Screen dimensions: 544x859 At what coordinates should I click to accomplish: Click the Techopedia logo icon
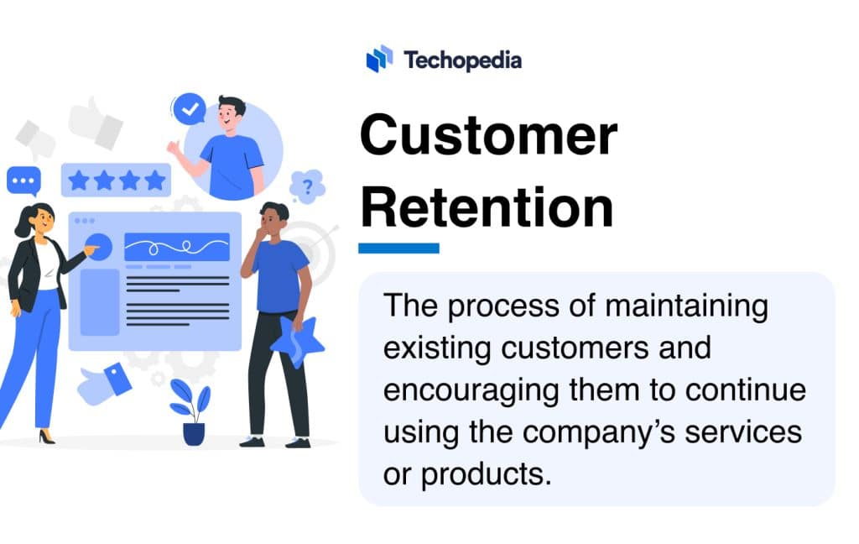(x=379, y=59)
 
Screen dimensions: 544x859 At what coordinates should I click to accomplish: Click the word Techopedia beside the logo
(x=462, y=60)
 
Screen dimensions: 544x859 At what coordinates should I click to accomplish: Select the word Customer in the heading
(x=488, y=136)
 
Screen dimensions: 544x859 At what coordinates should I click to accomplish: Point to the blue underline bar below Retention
(x=398, y=248)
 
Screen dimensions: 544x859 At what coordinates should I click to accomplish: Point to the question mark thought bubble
(x=307, y=186)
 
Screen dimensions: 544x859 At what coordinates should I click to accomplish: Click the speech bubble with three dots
(x=23, y=180)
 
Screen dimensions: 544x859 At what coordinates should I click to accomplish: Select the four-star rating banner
(x=116, y=180)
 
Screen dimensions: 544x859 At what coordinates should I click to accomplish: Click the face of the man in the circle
(x=232, y=117)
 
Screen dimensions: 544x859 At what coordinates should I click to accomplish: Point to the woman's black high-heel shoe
(x=45, y=437)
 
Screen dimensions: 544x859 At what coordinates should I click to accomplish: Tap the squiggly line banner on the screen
(x=176, y=247)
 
